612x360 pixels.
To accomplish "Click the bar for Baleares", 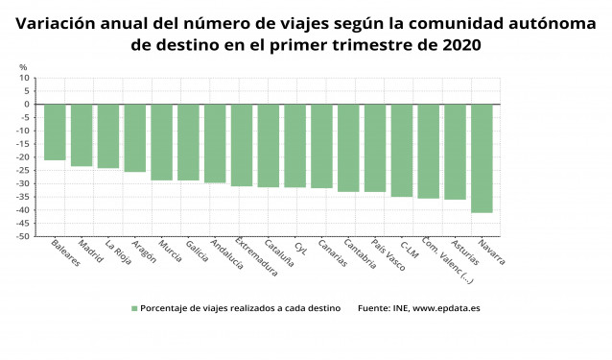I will pyautogui.click(x=55, y=132).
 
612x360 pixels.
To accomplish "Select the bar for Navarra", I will pyautogui.click(x=482, y=158).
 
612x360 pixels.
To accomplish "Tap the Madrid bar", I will pyautogui.click(x=82, y=135).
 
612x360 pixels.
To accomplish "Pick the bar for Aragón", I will pyautogui.click(x=135, y=138).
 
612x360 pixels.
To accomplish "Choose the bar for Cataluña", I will pyautogui.click(x=269, y=146).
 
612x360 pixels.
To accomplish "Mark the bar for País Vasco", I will pyautogui.click(x=375, y=148).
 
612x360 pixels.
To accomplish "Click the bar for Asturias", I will pyautogui.click(x=455, y=152).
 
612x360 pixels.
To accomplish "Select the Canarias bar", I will pyautogui.click(x=321, y=146).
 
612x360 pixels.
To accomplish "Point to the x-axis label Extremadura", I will pyautogui.click(x=257, y=256).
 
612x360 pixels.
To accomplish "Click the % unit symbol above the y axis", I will pyautogui.click(x=24, y=67).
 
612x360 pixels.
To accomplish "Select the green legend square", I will pyautogui.click(x=134, y=308).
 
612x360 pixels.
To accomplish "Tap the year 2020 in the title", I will pyautogui.click(x=459, y=44).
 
